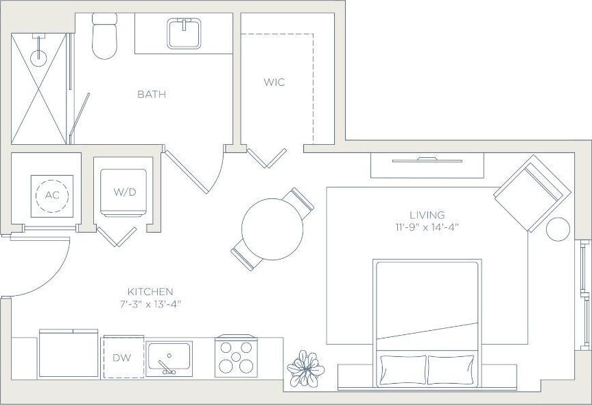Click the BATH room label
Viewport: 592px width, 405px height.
(x=152, y=94)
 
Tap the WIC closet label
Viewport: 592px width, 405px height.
(x=274, y=82)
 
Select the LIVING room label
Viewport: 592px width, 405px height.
(x=427, y=215)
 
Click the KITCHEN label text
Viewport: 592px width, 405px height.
(x=150, y=292)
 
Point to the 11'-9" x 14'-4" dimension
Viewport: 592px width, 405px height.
(x=427, y=227)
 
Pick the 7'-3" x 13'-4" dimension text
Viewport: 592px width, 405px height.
(x=151, y=303)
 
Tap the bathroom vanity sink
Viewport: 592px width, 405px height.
(x=184, y=33)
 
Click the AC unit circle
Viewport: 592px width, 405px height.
(x=52, y=195)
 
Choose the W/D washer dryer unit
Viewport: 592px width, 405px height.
(x=123, y=192)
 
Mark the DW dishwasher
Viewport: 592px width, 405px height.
(x=123, y=358)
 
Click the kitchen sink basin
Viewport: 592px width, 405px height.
(x=169, y=358)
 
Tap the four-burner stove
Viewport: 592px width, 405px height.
(x=235, y=356)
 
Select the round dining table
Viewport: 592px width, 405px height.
(x=272, y=229)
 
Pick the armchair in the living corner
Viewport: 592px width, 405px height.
(x=530, y=193)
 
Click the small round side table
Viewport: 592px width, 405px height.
(x=558, y=229)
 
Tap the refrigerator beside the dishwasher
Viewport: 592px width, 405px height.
(x=69, y=354)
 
